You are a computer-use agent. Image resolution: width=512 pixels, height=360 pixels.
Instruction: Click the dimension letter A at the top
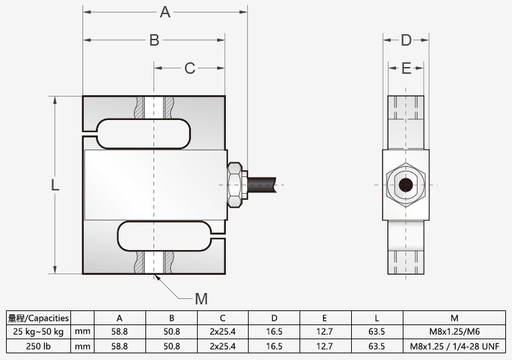coord(165,11)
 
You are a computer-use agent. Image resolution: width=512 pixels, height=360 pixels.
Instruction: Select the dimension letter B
coord(154,40)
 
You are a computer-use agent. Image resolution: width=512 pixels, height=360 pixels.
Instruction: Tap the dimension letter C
coord(190,68)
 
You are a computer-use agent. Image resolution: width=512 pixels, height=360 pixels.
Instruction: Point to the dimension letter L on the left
coord(55,186)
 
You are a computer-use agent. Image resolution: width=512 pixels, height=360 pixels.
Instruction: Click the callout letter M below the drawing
coord(201,299)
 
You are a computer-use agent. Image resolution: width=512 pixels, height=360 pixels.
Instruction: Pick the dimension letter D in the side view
coord(406,40)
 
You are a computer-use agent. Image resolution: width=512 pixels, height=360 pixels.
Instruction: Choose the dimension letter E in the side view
coord(406,68)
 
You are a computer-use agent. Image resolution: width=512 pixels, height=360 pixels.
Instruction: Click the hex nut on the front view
coord(235,184)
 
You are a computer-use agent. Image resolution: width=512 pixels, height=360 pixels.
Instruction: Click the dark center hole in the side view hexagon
coord(405,185)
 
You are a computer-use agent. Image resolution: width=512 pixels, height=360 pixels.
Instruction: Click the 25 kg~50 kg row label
coord(39,332)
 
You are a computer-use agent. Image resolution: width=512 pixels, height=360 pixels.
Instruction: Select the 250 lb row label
coord(39,347)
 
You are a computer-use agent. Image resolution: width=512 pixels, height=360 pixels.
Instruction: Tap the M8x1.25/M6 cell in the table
coord(454,332)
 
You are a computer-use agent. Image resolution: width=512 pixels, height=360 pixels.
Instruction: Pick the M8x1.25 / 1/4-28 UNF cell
coord(454,347)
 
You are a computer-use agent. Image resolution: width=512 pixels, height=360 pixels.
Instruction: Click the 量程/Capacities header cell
coord(39,318)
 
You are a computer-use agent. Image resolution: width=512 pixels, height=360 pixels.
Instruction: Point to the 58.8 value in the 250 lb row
coord(119,347)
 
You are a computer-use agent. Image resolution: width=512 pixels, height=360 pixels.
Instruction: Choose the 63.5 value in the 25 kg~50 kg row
coord(377,332)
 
